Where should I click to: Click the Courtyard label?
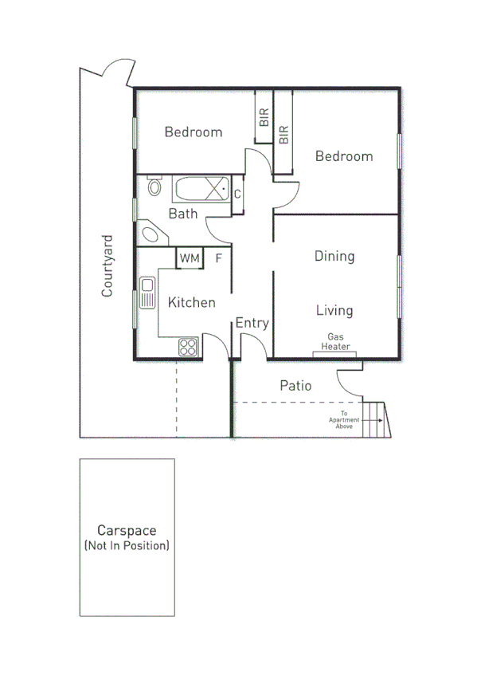pos(107,265)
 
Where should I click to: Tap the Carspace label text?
pos(126,530)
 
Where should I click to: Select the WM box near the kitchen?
pos(189,258)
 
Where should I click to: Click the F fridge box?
pos(218,258)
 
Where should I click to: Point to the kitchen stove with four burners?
pos(188,347)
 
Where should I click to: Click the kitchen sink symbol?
pos(147,293)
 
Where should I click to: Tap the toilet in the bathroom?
pos(154,188)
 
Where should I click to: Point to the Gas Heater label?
pos(335,342)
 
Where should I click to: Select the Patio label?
pos(295,386)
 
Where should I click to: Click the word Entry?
pos(252,323)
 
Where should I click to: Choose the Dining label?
pos(334,256)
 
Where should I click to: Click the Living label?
pos(334,310)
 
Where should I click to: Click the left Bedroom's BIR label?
pos(264,118)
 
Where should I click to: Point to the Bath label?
pos(183,214)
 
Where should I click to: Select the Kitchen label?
pos(191,302)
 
